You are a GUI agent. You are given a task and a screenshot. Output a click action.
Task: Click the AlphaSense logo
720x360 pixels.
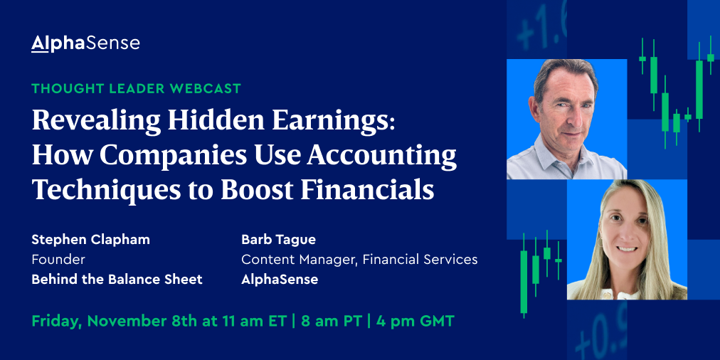(85, 43)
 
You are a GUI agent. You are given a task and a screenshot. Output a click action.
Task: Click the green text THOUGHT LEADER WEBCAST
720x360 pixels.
(137, 89)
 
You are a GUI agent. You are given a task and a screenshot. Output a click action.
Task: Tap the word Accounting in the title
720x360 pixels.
(382, 155)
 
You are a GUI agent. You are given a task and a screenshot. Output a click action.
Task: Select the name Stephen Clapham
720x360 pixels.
(91, 240)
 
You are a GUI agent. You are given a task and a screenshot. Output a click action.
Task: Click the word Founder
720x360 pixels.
(58, 260)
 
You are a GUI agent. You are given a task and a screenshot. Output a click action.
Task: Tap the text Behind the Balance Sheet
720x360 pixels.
(117, 279)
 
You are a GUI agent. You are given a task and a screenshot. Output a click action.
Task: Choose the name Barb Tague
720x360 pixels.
(279, 240)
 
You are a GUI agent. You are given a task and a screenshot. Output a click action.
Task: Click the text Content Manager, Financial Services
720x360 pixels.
(359, 260)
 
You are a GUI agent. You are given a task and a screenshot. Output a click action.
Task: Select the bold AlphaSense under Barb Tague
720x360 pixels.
(280, 279)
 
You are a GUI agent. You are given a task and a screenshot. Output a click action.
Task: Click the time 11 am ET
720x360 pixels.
(257, 322)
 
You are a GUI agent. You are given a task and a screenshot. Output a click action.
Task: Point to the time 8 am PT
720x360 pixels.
(332, 322)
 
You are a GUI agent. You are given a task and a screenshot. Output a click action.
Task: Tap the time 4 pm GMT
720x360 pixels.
(415, 322)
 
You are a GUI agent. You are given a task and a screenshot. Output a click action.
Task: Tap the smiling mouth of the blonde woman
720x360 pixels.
(626, 249)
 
